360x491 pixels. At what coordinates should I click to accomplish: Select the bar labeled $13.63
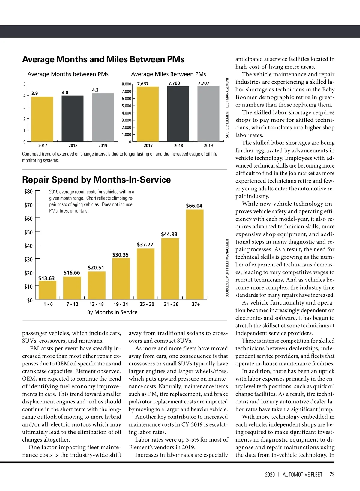click(x=48, y=290)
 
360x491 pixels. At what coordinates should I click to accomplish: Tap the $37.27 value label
click(x=145, y=245)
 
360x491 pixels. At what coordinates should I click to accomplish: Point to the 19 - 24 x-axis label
click(x=121, y=304)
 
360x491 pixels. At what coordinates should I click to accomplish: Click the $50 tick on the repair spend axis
click(x=28, y=232)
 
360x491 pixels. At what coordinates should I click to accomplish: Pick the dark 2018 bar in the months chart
click(x=73, y=118)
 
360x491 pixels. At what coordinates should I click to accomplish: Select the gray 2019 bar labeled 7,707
click(x=208, y=114)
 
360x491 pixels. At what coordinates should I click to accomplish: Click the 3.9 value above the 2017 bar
click(x=35, y=93)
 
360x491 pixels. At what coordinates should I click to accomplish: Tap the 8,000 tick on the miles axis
click(x=126, y=84)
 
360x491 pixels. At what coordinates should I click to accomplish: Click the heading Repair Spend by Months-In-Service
click(x=96, y=180)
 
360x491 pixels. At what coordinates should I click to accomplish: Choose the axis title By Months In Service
click(x=112, y=312)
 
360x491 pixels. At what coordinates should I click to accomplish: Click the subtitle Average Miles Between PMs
click(x=169, y=74)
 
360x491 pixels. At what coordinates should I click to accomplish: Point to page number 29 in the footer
click(x=332, y=475)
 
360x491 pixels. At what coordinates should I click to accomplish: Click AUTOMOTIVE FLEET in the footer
click(x=302, y=475)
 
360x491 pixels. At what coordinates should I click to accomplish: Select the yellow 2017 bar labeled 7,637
click(x=148, y=114)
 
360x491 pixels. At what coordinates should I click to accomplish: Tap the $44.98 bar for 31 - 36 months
click(x=170, y=269)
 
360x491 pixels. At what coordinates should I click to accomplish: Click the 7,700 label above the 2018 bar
click(x=174, y=83)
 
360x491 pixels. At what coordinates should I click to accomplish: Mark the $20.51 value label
click(x=96, y=268)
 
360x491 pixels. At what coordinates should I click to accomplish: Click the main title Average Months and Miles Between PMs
click(x=103, y=59)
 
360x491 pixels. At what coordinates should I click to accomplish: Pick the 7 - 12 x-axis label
click(x=72, y=304)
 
